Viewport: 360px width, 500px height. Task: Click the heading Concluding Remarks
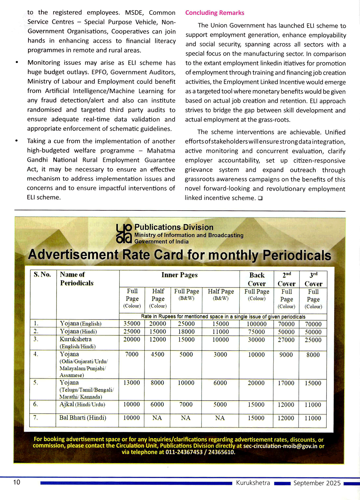(215, 13)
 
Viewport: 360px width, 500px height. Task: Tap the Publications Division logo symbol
(124, 233)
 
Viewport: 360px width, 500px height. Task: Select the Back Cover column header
(257, 279)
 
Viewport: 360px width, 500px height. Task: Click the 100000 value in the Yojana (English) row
(256, 324)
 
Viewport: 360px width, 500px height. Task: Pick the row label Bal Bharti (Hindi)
(83, 418)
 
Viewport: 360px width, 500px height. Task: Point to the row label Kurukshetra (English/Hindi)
(77, 343)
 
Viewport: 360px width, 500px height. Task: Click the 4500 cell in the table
(157, 354)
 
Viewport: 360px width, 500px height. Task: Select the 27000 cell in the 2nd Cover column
(286, 340)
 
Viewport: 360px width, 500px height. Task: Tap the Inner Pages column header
(179, 275)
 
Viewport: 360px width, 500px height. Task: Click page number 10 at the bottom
(17, 482)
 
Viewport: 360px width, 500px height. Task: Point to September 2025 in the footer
(317, 483)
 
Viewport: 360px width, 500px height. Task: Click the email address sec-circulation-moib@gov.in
(280, 446)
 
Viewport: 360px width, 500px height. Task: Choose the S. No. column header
(42, 274)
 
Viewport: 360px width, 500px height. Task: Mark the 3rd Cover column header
(313, 279)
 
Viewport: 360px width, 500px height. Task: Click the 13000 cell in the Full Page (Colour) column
(132, 383)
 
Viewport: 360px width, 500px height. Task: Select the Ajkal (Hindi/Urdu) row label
(82, 405)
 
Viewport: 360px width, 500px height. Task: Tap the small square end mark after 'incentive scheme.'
(260, 198)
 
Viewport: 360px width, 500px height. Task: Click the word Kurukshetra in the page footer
(253, 483)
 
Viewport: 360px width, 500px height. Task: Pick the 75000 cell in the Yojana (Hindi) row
(256, 332)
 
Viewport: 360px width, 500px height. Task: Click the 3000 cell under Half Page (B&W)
(220, 354)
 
